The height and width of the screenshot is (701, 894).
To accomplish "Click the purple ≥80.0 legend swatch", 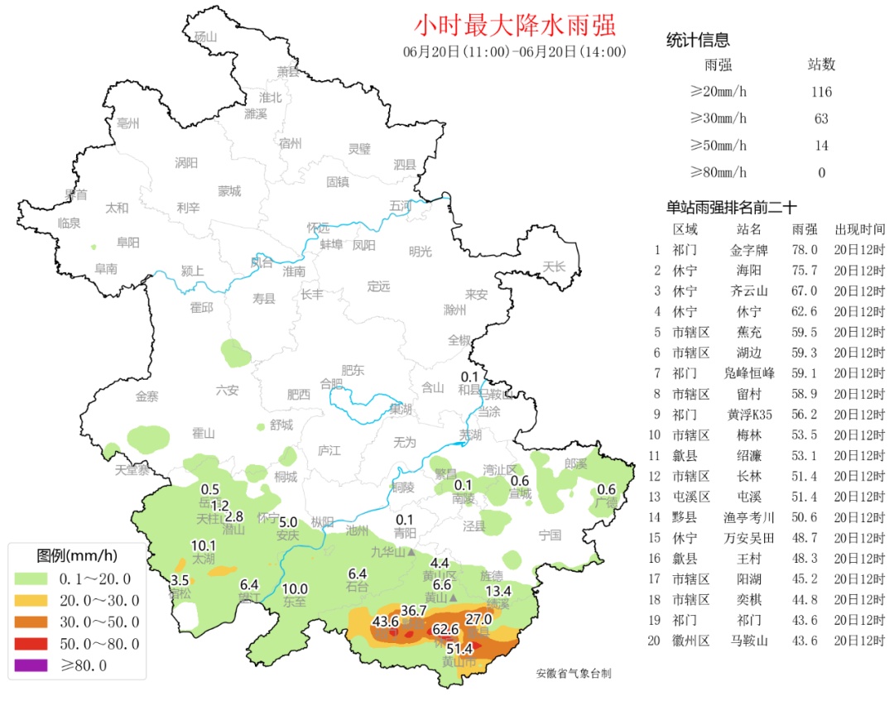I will (x=33, y=665).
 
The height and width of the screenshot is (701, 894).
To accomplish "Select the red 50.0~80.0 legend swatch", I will (x=33, y=643).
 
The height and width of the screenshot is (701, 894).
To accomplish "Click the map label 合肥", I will (x=330, y=384).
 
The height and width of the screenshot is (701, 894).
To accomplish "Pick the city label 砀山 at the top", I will (x=204, y=37).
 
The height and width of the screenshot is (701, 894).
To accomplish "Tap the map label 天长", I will (x=554, y=266).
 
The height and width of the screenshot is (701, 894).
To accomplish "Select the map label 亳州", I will (x=128, y=123).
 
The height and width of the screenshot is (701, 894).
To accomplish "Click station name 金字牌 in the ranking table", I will (x=749, y=249).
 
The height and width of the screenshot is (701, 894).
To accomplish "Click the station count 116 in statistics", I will (x=821, y=92).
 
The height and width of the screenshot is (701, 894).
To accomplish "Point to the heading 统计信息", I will (x=698, y=41).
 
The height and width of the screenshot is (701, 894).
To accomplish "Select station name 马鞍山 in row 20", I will (x=749, y=641).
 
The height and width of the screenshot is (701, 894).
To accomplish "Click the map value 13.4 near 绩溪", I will (x=497, y=591).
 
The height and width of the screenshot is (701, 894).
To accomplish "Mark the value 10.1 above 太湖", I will (x=204, y=545).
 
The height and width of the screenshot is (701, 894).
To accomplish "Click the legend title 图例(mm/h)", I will (x=77, y=555).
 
